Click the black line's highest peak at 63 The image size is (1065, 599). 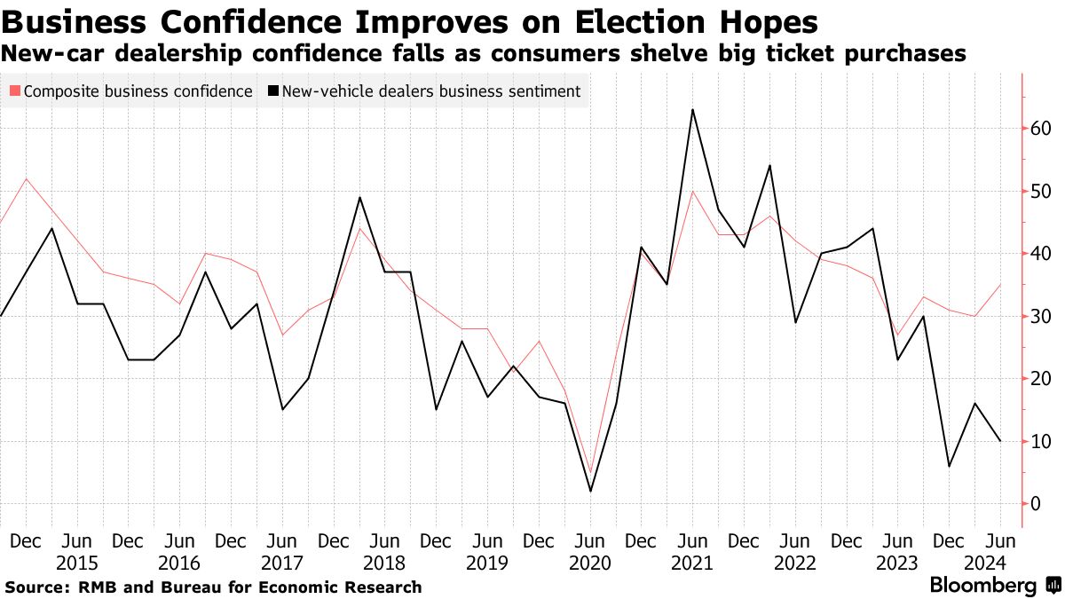692,110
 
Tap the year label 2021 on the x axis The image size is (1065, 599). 692,563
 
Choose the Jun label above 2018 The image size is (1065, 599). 384,540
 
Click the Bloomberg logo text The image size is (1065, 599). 982,586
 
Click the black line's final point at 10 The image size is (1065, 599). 1001,441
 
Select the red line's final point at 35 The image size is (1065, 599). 1001,285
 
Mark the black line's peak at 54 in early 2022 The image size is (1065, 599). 769,166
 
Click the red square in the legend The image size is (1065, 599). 14,91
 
